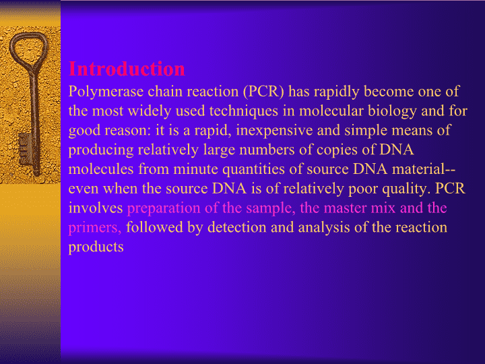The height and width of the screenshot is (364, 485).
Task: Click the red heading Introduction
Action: click(127, 69)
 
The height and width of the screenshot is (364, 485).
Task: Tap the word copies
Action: click(337, 150)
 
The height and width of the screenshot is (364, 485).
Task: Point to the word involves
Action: click(96, 208)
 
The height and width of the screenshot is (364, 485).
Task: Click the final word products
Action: click(96, 247)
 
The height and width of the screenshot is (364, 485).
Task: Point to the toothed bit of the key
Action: click(26, 149)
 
